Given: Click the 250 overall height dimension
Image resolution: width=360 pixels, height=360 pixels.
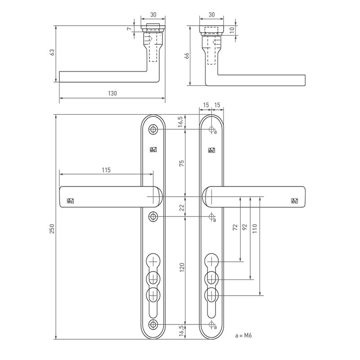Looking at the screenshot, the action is click(52, 229).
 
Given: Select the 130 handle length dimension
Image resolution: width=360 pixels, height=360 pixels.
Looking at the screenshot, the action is click(112, 94).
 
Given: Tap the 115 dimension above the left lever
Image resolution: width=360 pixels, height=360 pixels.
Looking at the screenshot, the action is click(106, 170).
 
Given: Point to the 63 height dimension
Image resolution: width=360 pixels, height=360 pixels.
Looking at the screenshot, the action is click(52, 52).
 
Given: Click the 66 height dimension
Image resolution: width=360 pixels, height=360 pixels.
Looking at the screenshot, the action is click(187, 56).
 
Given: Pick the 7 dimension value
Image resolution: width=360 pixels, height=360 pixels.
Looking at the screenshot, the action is click(130, 29).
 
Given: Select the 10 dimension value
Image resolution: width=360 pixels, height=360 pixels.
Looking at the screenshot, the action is click(232, 29).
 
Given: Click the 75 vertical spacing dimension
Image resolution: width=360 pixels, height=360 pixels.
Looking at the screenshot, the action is click(182, 163).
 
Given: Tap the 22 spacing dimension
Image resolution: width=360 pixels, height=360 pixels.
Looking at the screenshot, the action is click(182, 208).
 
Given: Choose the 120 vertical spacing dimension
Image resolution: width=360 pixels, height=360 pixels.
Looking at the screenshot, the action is click(182, 267).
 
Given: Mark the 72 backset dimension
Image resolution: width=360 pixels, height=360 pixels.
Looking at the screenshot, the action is click(235, 227).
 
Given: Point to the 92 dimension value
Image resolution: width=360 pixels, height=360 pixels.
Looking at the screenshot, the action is click(245, 227).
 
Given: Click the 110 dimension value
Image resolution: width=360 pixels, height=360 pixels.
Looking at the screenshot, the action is click(255, 229).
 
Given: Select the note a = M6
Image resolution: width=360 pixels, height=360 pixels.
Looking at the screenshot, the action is click(243, 335).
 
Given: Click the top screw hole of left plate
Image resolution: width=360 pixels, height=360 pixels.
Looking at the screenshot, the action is click(153, 130).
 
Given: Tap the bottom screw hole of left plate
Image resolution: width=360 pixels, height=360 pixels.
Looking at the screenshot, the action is click(153, 324).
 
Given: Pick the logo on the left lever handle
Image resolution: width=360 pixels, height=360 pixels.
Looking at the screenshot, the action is click(70, 201).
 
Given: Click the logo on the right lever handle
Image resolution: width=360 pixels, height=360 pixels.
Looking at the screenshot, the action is click(295, 201).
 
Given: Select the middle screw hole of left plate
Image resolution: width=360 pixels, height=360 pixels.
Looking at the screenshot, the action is click(153, 216).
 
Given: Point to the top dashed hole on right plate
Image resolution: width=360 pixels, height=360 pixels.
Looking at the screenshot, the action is click(211, 130).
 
